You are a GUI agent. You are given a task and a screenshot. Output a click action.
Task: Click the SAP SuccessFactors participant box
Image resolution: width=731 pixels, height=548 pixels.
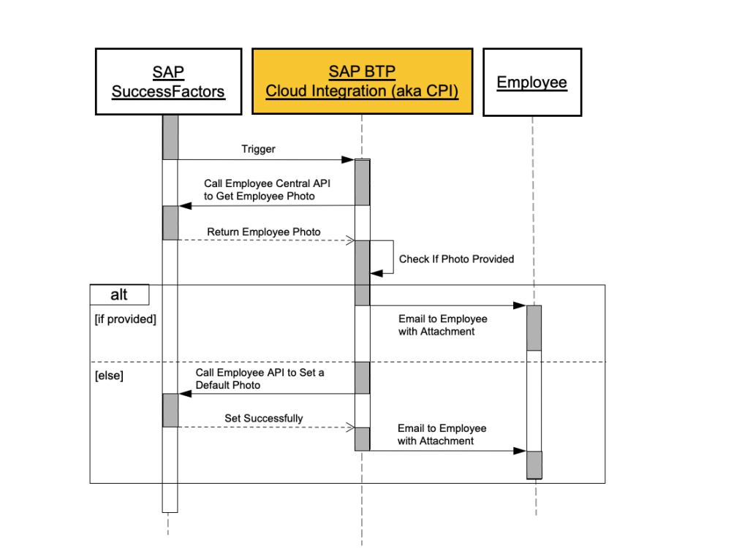click(168, 82)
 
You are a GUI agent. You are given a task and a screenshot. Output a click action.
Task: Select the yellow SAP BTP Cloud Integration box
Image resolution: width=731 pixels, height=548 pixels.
click(362, 82)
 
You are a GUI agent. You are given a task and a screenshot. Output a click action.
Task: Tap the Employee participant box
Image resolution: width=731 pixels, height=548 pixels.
click(532, 82)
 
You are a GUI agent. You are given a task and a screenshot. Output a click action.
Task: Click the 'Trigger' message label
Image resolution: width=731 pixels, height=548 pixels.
click(259, 149)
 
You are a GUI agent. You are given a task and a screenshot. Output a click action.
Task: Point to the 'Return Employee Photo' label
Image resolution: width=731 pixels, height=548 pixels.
click(263, 232)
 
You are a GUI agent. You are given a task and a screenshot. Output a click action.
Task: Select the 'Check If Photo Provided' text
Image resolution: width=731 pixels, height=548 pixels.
click(456, 259)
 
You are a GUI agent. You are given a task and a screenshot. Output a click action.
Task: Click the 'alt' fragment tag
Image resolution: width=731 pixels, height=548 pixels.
click(119, 294)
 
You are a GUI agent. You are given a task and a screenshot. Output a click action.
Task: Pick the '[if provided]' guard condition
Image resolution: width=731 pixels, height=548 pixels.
click(126, 319)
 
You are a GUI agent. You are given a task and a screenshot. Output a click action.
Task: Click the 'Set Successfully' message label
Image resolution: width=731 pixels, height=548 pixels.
click(263, 419)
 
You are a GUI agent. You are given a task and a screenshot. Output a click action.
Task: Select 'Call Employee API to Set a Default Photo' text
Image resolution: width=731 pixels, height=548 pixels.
click(260, 378)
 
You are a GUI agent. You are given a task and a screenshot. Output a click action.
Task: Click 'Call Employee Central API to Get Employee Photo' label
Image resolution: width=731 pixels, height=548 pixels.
click(267, 189)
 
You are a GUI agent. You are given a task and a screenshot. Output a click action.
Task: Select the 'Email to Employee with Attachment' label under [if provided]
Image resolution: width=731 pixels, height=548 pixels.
click(442, 325)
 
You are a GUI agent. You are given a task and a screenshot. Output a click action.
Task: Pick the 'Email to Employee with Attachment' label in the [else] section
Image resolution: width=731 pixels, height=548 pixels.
click(442, 434)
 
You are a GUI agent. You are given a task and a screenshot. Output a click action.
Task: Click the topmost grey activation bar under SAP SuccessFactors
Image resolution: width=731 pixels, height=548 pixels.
click(170, 137)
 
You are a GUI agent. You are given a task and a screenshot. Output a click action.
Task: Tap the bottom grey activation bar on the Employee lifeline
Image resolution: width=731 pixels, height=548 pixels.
click(534, 465)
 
